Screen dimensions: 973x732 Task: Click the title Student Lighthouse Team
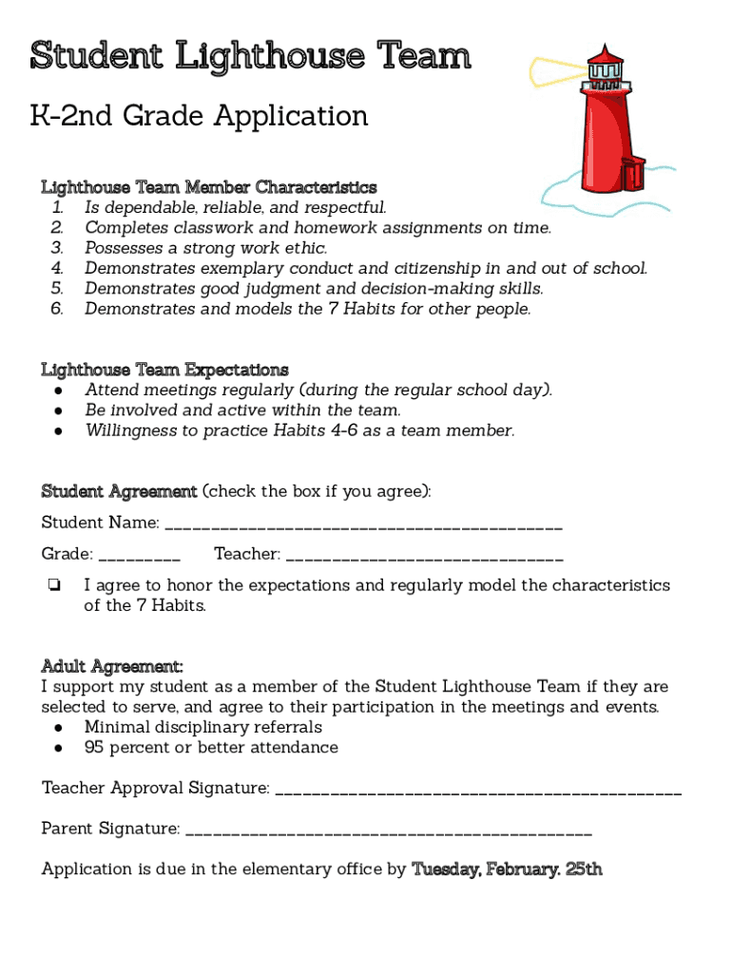tap(250, 57)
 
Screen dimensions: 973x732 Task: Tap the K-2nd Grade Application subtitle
tap(200, 116)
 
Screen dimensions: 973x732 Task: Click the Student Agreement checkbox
tap(55, 586)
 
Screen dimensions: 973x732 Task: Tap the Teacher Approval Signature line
tap(478, 792)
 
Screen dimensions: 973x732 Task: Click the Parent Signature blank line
tap(389, 832)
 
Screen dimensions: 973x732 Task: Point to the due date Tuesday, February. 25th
tap(507, 869)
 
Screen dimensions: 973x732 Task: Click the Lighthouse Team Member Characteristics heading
tap(208, 187)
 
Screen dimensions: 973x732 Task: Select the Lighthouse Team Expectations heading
tap(164, 369)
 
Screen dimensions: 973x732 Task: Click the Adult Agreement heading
tap(112, 665)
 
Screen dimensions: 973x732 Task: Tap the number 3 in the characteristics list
tap(56, 248)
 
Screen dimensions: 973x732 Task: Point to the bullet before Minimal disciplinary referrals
tap(59, 728)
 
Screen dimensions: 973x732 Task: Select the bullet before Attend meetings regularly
tap(59, 391)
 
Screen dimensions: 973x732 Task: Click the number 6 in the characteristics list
tap(56, 309)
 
